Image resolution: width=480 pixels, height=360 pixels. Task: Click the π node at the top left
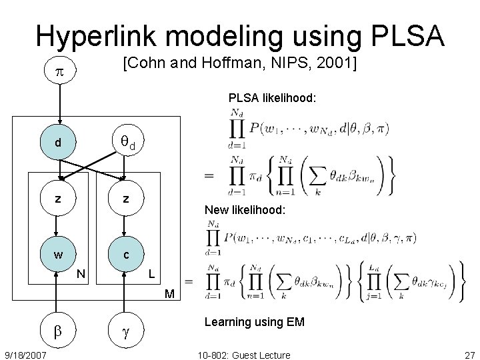(x=59, y=71)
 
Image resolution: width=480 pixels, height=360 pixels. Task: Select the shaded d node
(x=59, y=143)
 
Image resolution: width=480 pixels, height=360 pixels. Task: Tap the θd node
(x=125, y=142)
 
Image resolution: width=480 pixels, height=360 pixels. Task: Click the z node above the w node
(x=59, y=199)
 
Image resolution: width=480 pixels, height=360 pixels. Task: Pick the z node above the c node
(x=125, y=199)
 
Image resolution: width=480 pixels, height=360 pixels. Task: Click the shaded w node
(x=59, y=255)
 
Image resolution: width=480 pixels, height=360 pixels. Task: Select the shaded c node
(x=125, y=255)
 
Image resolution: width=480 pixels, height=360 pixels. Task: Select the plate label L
(x=152, y=273)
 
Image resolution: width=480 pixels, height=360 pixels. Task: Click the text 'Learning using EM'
(x=254, y=322)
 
